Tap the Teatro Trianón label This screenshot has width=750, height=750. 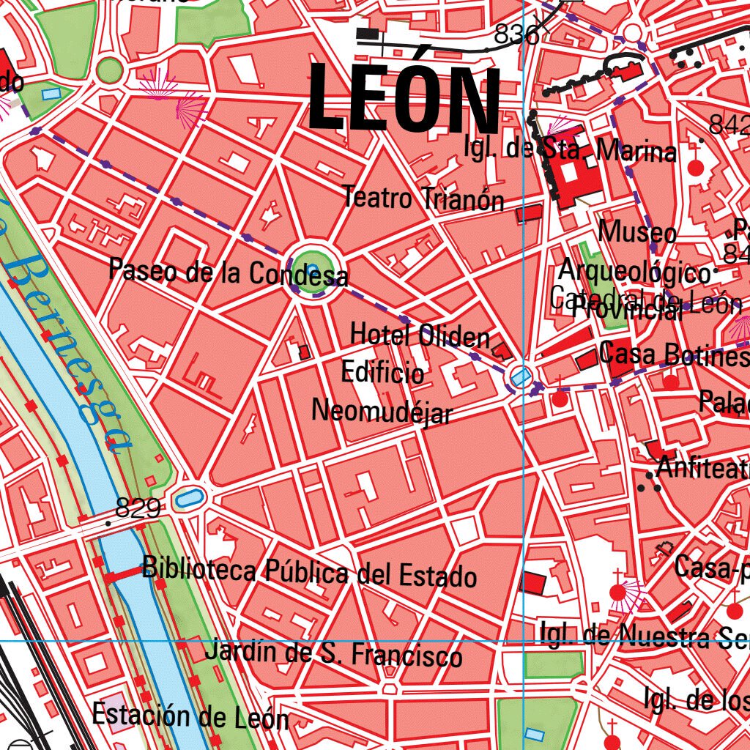(x=423, y=198)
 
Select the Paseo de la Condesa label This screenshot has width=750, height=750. (x=228, y=272)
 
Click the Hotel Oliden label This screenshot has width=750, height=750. (x=420, y=336)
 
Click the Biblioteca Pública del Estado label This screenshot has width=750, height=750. (x=309, y=571)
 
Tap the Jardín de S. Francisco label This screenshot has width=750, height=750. (x=333, y=653)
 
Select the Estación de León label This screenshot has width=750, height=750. (x=190, y=716)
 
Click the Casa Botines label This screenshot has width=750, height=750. (x=672, y=354)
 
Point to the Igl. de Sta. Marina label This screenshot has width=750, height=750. (x=570, y=150)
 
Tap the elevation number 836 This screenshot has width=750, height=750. (x=516, y=34)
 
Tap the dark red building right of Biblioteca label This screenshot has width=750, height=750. (x=532, y=584)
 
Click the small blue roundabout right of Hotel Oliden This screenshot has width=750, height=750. (x=520, y=376)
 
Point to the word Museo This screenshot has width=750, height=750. (x=637, y=233)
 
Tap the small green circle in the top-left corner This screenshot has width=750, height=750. (x=109, y=70)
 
